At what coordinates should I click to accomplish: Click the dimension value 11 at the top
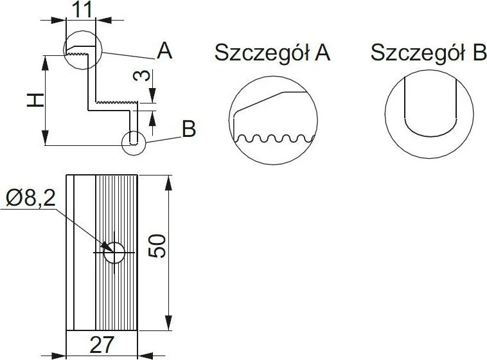point(83,10)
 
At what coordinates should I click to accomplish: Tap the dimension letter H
point(35,101)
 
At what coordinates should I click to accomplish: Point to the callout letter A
point(164,51)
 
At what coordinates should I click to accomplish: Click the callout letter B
point(188,129)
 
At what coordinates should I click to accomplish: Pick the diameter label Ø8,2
point(31,199)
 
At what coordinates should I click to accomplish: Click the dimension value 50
point(157,246)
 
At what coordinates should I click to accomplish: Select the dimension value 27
point(102,345)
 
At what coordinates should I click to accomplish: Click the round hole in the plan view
point(114,253)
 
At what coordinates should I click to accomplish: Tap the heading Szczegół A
point(272,53)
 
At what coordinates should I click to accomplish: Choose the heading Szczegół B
point(429,52)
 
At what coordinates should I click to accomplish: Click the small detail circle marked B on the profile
point(134,143)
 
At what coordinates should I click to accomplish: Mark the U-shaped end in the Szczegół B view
point(430,136)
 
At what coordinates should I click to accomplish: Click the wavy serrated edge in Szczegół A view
point(275,138)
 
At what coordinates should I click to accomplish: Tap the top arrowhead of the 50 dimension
point(168,183)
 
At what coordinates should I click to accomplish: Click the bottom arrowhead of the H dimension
point(46,138)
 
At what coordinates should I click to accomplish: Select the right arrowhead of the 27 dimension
point(145,355)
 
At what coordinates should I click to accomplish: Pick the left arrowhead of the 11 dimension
point(58,20)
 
